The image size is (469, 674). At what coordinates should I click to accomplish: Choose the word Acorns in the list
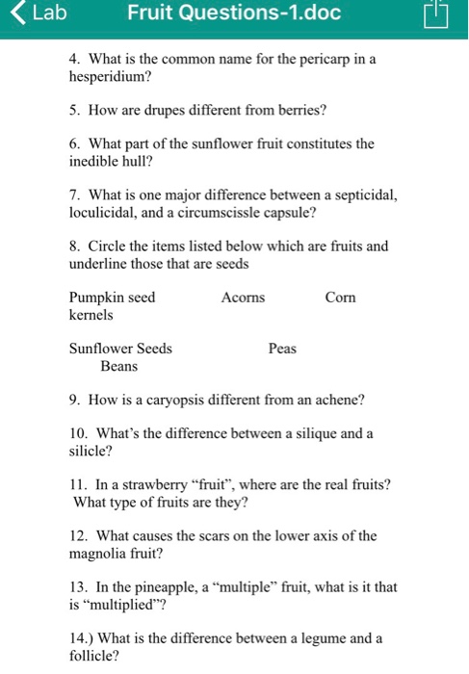click(x=243, y=298)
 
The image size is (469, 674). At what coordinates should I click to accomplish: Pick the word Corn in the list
click(x=340, y=298)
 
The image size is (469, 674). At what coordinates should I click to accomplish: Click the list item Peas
click(x=282, y=349)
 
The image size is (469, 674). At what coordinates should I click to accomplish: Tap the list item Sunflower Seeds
click(x=120, y=349)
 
